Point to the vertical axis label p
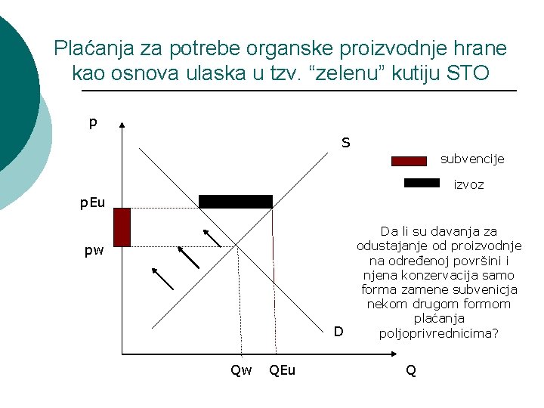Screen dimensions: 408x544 [93, 122]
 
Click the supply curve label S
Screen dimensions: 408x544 [345, 142]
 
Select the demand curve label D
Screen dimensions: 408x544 [338, 331]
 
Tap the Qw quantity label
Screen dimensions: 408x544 [241, 369]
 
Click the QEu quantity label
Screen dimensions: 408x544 [283, 369]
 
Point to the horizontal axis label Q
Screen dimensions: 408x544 [410, 369]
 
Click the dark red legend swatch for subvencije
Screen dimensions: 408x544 [410, 160]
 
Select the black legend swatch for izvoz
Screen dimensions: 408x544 [422, 182]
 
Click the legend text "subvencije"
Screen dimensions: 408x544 [472, 159]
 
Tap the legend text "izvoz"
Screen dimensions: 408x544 [468, 184]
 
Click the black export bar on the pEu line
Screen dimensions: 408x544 [235, 202]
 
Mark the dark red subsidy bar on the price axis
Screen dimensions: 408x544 [122, 227]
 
